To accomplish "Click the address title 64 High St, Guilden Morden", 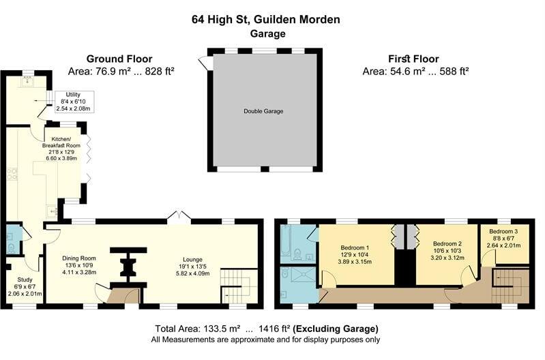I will coord(265,19).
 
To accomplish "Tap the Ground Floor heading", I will coord(119,59).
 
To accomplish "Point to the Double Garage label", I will coord(263,111).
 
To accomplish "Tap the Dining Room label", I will coord(79,258).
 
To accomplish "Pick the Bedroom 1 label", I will coord(354,247).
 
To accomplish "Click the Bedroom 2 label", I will coord(447,242).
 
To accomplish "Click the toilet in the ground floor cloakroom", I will coord(10,239).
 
